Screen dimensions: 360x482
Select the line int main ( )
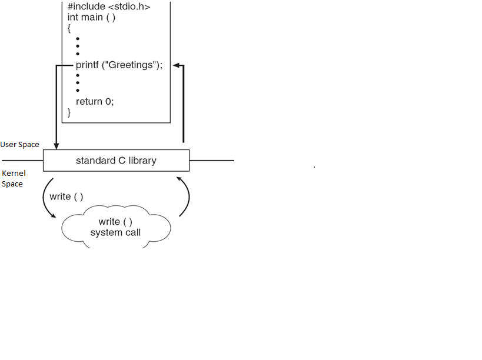pos(91,18)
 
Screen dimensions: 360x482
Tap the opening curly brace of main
pos(69,28)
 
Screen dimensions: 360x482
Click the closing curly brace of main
pos(69,112)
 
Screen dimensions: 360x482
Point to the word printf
pos(87,65)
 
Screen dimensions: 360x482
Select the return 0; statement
pos(95,101)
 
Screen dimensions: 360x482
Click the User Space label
pos(20,145)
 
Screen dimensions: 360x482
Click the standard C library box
pos(116,160)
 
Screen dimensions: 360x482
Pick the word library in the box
pos(142,160)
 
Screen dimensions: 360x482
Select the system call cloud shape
pos(116,226)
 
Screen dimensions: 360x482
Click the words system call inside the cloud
pos(115,232)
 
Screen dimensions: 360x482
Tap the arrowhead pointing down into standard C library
pos(56,145)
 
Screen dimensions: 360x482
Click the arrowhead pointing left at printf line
pos(177,66)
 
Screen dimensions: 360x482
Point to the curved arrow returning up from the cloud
pos(187,194)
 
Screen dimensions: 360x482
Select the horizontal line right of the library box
pos(212,160)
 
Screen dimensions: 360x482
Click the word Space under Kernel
pos(12,184)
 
